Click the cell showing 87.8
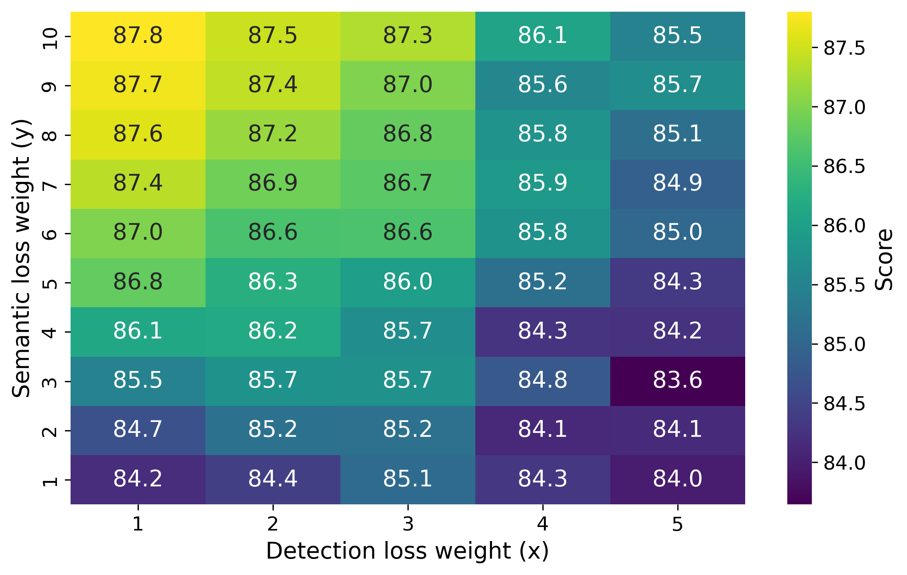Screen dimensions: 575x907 (x=138, y=36)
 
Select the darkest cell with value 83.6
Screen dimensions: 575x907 (x=677, y=381)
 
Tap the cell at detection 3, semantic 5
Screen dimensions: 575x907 (x=407, y=282)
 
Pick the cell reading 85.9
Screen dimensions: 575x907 (x=542, y=184)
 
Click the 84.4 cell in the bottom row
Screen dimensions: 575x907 (x=273, y=479)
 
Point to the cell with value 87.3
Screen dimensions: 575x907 (x=407, y=36)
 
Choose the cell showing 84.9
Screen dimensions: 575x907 (x=677, y=184)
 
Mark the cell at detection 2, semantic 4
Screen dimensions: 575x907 (x=273, y=332)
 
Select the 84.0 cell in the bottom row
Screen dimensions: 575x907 (x=677, y=479)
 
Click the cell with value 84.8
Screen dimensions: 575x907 (x=542, y=381)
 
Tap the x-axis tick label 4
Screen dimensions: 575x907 (x=542, y=524)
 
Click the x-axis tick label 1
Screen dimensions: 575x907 (x=138, y=524)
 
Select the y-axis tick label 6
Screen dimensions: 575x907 (x=50, y=234)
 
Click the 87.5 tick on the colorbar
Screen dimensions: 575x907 (x=844, y=48)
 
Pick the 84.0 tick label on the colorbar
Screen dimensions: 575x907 (x=844, y=463)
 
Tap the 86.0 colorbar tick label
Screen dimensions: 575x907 (x=844, y=226)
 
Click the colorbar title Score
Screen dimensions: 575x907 (x=884, y=260)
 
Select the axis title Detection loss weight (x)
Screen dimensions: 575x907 (x=407, y=551)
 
